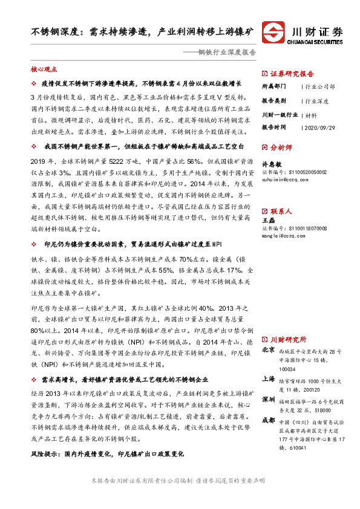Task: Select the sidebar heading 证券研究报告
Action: [292, 72]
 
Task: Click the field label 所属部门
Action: [274, 86]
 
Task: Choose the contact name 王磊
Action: [267, 222]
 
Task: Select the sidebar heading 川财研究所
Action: [288, 339]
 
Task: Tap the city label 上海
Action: [267, 379]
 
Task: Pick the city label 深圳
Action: [267, 400]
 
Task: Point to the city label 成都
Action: [267, 421]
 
